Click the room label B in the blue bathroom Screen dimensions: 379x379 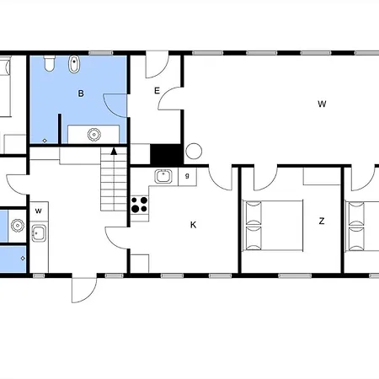(81, 93)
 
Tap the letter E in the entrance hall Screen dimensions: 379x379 (157, 91)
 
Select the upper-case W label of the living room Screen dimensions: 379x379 (322, 104)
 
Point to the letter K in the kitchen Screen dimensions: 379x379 (193, 225)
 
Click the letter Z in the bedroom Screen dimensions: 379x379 (322, 222)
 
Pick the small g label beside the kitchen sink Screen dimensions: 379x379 (187, 176)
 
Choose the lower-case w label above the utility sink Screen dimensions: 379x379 (39, 211)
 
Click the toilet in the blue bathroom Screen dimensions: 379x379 (50, 63)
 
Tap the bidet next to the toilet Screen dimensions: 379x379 (74, 64)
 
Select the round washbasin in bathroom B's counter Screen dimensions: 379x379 (94, 135)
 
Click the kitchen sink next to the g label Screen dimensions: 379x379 (163, 176)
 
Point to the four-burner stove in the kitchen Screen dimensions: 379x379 (140, 205)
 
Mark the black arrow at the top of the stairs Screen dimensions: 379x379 (114, 152)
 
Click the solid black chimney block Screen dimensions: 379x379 (165, 155)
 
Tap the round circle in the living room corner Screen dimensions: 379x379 (194, 151)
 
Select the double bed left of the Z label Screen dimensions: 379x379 (273, 226)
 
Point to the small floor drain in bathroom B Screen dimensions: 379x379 (45, 141)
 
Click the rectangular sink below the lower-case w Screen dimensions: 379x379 (38, 233)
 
